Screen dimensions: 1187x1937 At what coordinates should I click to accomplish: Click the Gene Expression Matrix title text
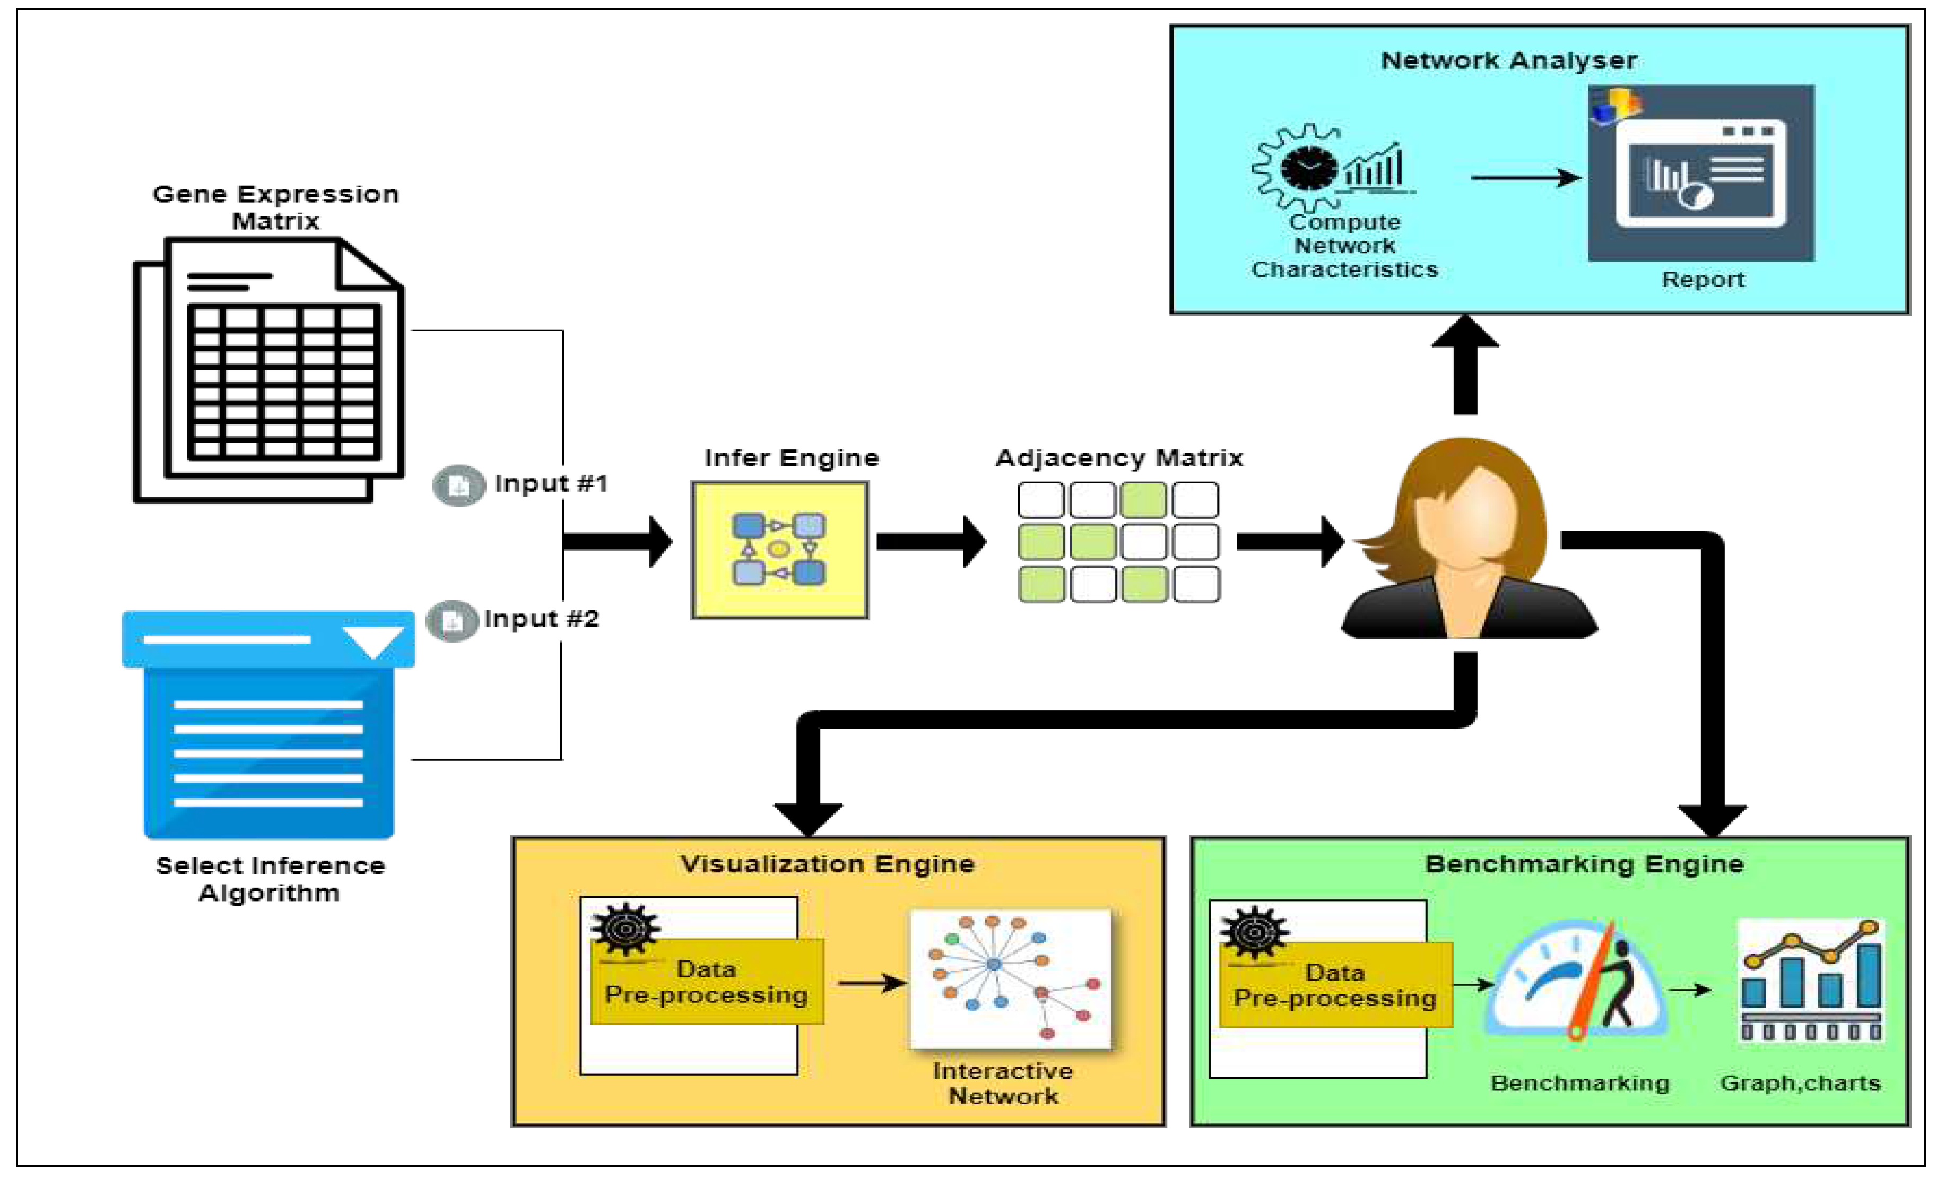(275, 207)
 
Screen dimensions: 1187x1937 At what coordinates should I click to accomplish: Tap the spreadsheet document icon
(270, 369)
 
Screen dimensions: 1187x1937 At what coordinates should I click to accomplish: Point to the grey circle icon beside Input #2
(452, 621)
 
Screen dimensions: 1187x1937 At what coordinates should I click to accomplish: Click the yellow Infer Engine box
(779, 550)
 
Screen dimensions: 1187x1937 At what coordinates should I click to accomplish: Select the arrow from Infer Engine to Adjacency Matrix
(932, 542)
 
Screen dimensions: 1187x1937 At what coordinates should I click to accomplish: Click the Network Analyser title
(1508, 60)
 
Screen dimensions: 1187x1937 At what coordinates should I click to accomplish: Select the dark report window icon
(1700, 174)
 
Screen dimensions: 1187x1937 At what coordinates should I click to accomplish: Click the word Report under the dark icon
(1702, 280)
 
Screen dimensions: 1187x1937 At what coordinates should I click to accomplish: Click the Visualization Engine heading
(827, 864)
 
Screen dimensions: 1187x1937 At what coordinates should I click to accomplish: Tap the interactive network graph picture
(1010, 978)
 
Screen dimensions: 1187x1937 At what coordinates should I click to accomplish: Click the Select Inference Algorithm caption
(270, 879)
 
